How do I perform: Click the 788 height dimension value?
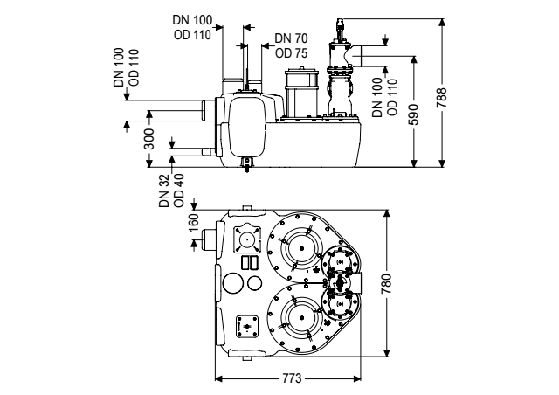[441, 98]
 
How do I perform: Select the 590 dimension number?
[413, 114]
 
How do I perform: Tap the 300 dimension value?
[149, 139]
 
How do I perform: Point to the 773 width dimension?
[292, 378]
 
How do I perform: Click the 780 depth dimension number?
[386, 284]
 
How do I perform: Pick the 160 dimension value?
[194, 223]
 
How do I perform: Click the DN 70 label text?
[291, 38]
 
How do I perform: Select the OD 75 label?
[291, 52]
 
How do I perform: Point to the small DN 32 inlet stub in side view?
[208, 152]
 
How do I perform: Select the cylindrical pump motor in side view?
[300, 93]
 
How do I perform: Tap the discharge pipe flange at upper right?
[359, 56]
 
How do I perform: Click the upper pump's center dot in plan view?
[301, 249]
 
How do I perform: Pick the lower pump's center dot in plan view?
[301, 318]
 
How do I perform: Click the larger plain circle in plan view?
[233, 283]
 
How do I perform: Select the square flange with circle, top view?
[246, 239]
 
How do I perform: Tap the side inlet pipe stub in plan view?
[208, 239]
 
